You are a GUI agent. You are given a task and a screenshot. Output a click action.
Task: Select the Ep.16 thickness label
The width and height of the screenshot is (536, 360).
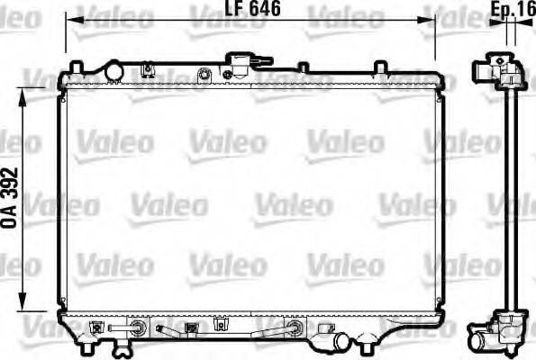[x=510, y=10]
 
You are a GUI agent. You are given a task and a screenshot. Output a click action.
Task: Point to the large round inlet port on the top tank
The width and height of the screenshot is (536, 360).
[x=114, y=70]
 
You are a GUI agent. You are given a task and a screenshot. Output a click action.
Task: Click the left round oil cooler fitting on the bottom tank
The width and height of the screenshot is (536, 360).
[x=133, y=328]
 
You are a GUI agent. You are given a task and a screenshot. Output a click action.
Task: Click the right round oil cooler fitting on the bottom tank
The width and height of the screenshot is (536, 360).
[x=294, y=328]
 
